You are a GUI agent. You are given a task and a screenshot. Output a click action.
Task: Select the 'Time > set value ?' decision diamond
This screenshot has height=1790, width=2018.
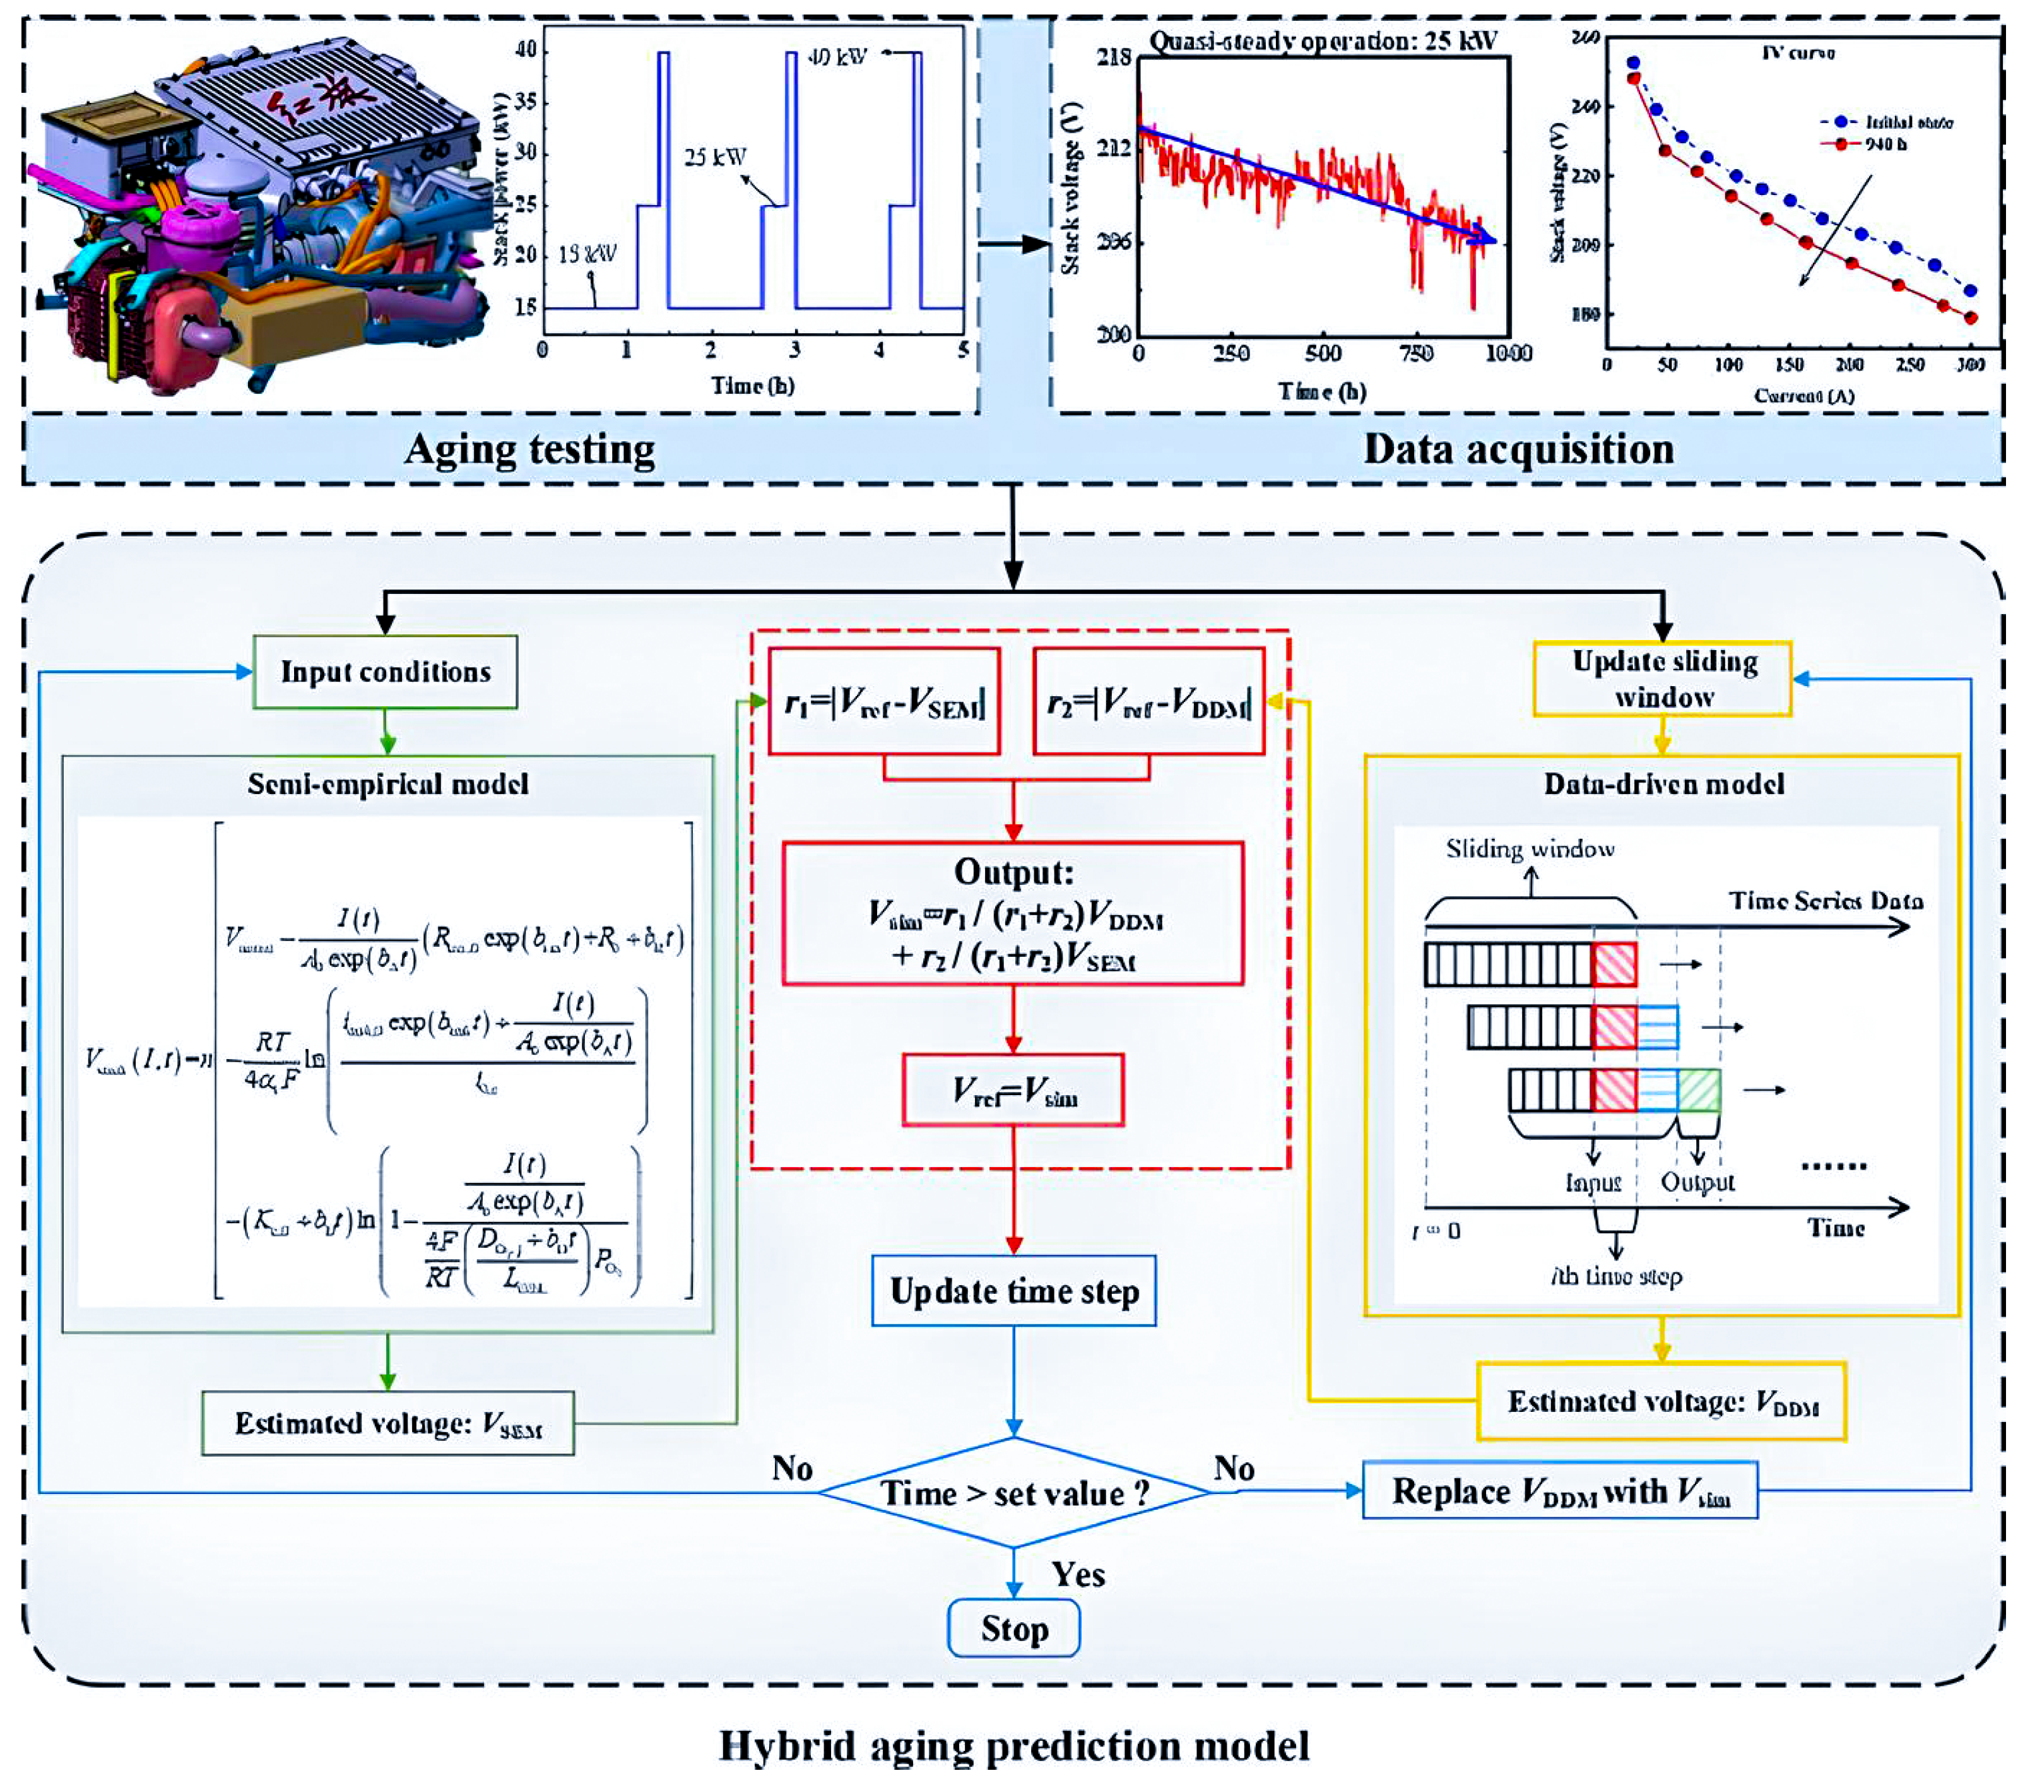(x=1014, y=1493)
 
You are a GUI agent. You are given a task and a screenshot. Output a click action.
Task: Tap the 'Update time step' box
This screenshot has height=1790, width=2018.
(x=1014, y=1291)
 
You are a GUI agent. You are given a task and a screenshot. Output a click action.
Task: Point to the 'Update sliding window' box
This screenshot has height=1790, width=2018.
(x=1663, y=679)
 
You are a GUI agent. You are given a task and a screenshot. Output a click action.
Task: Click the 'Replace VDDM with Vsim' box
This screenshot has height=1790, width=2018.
(x=1560, y=1491)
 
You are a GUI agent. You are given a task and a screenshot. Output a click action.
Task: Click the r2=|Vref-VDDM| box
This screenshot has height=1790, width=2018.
(x=1148, y=702)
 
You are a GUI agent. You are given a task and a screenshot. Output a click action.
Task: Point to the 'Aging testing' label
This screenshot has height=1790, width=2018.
(x=529, y=450)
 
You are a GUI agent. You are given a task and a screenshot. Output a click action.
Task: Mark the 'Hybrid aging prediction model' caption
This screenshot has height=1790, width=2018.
(x=1014, y=1746)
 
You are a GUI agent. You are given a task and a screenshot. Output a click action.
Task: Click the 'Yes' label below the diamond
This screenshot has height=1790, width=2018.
(x=1078, y=1574)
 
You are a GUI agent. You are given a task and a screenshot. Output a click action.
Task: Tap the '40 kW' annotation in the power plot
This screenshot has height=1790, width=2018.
(x=837, y=57)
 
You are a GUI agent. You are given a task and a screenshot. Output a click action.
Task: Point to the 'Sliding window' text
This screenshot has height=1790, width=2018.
(x=1530, y=849)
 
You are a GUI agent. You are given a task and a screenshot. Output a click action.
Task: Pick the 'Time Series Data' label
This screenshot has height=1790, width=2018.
(x=1826, y=901)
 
